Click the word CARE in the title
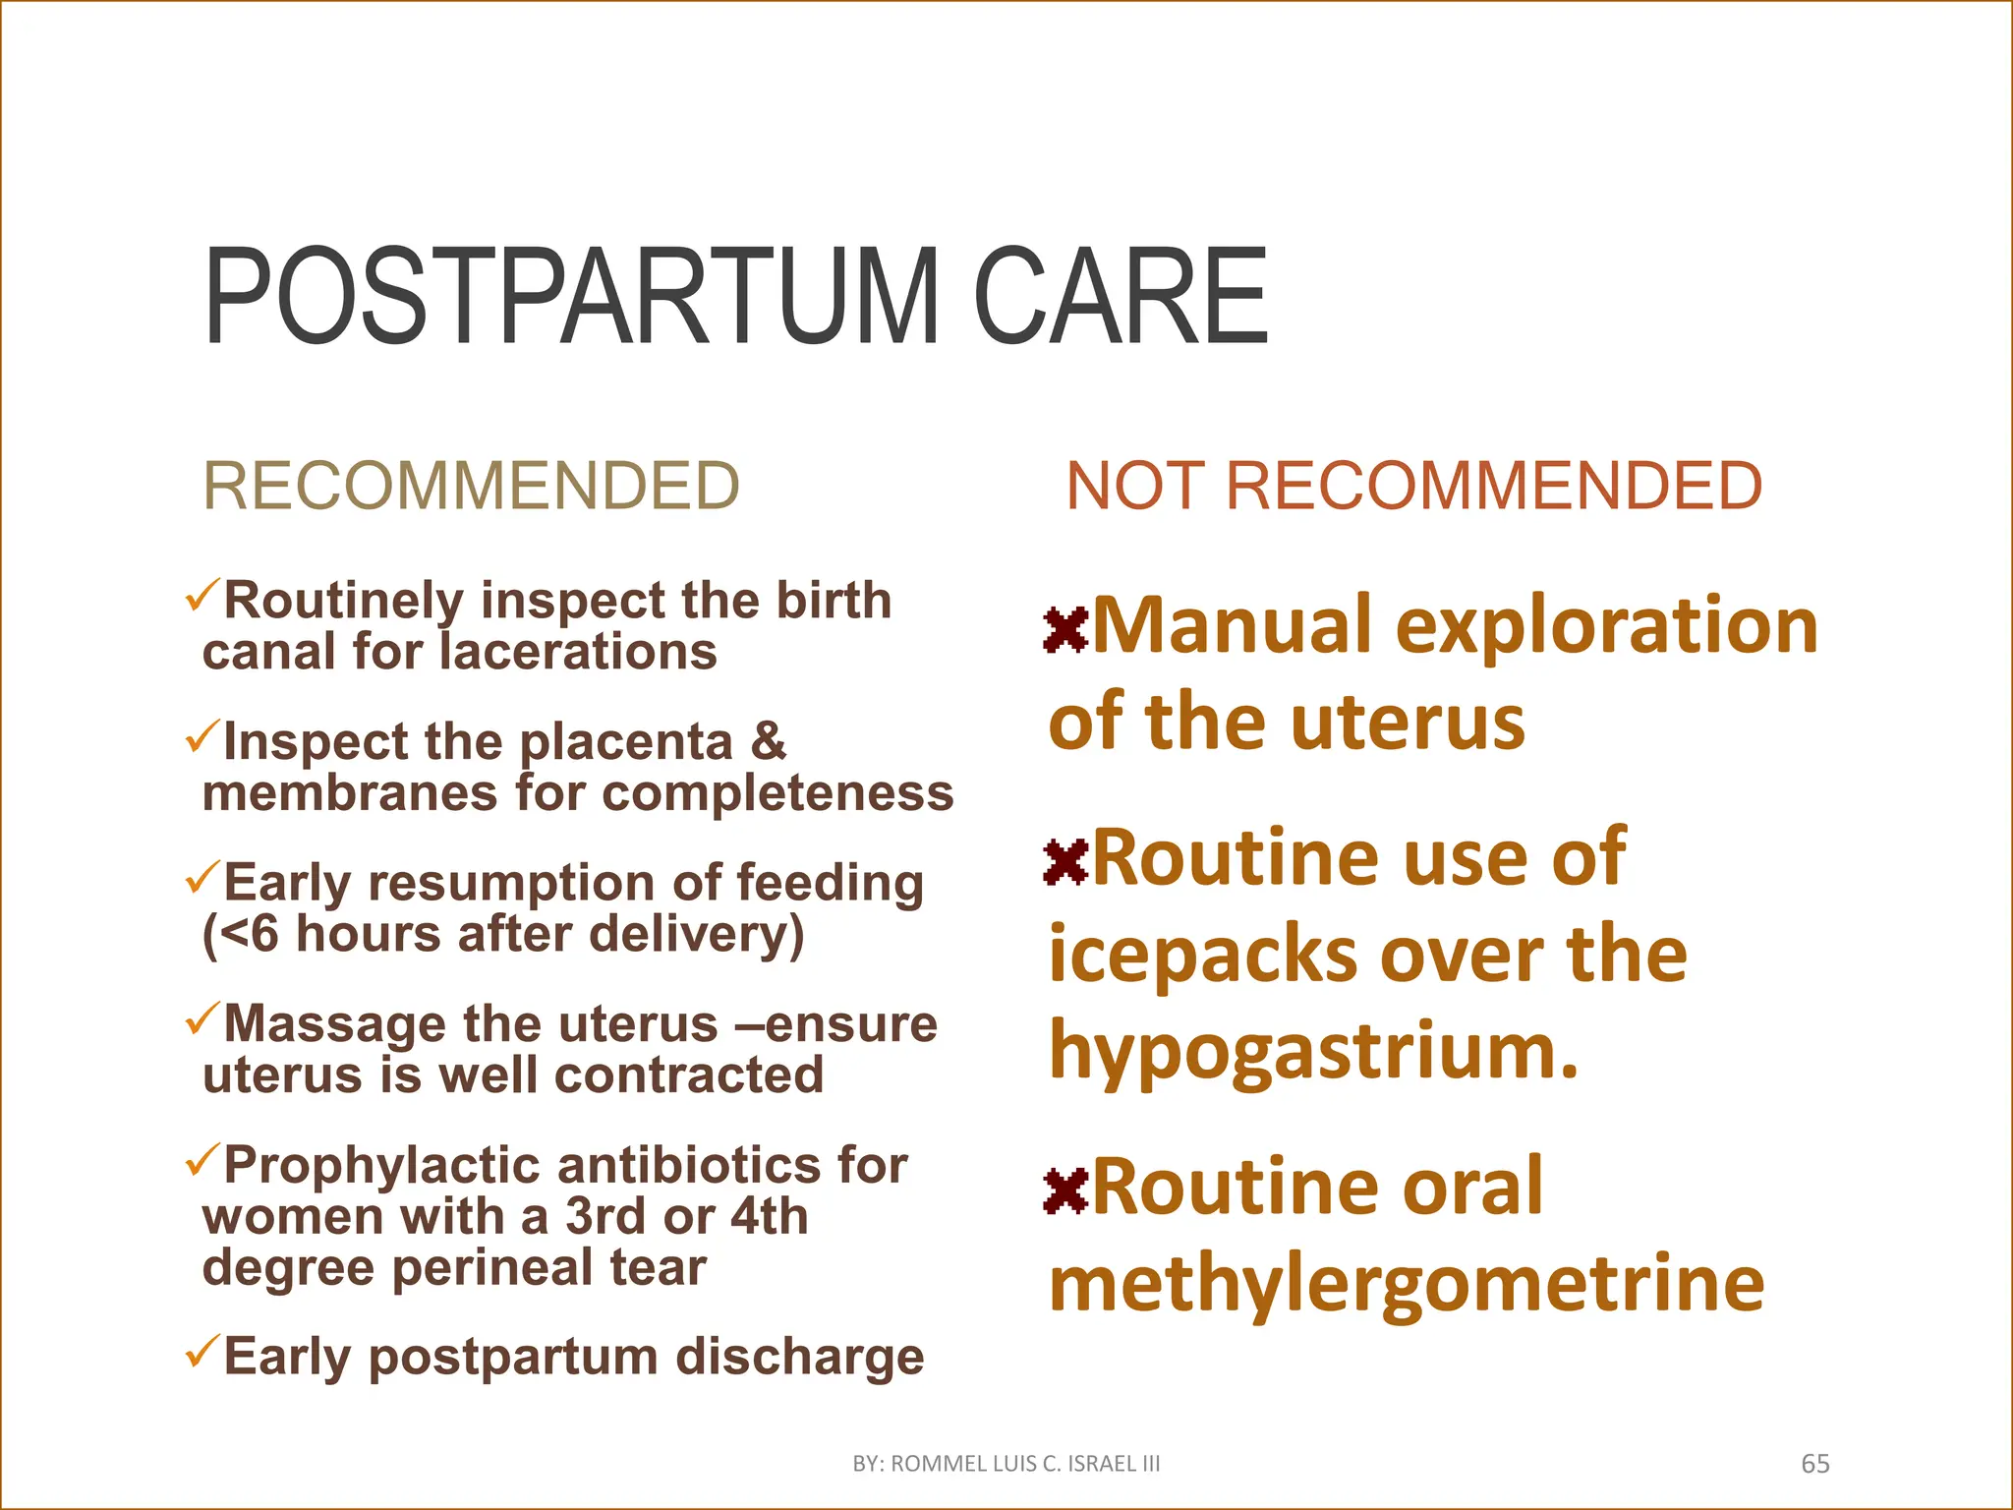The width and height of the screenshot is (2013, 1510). [x=1121, y=297]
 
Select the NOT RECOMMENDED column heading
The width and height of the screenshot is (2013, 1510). [x=1413, y=486]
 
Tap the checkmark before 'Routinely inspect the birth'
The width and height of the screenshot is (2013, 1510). [x=201, y=595]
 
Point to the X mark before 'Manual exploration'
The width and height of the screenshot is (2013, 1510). [x=1065, y=630]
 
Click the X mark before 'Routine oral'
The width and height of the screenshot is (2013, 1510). [x=1065, y=1191]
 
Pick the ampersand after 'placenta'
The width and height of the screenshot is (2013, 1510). [x=768, y=740]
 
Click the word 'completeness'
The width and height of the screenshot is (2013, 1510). [x=777, y=792]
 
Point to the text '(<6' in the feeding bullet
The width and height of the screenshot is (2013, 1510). [x=242, y=934]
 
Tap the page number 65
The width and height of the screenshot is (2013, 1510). [x=1814, y=1464]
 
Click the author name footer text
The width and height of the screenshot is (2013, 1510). [x=1006, y=1464]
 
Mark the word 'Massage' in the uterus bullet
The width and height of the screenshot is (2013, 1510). [x=335, y=1024]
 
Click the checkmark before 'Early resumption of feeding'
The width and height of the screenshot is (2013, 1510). [x=201, y=877]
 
